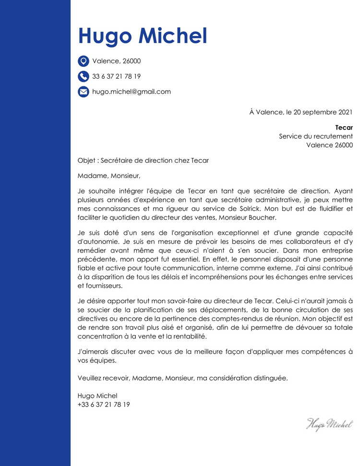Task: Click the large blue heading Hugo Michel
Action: tap(143, 36)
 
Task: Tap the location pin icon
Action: tap(84, 61)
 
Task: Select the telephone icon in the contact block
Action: tap(84, 76)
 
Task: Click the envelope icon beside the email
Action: tap(84, 92)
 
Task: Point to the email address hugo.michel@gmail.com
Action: tap(132, 92)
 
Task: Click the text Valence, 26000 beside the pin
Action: tap(117, 61)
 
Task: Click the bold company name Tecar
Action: tap(344, 128)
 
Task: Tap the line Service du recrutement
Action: tap(316, 136)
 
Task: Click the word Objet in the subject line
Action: tap(86, 160)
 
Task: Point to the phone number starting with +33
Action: tap(104, 405)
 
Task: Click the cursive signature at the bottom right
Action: tap(329, 423)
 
